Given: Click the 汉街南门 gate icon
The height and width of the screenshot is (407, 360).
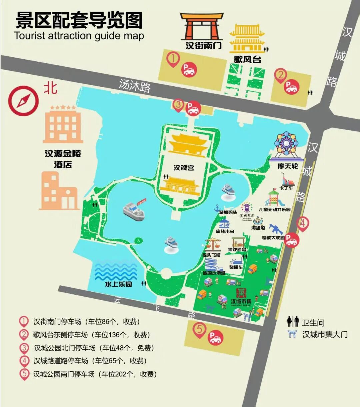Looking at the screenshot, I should pyautogui.click(x=201, y=27).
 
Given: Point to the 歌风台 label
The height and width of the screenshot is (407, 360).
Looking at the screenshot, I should pyautogui.click(x=247, y=59).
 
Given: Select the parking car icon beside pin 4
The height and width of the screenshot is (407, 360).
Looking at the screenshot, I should pyautogui.click(x=291, y=240).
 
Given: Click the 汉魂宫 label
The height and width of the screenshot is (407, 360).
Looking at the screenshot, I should pyautogui.click(x=184, y=168).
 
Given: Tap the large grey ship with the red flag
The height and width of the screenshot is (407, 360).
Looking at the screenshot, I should pyautogui.click(x=134, y=210).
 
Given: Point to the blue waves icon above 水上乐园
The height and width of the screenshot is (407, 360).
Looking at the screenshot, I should pyautogui.click(x=112, y=270).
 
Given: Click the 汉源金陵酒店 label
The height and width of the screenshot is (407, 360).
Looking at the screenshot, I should pyautogui.click(x=63, y=159).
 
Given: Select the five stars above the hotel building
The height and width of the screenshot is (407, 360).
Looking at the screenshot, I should pyautogui.click(x=63, y=108).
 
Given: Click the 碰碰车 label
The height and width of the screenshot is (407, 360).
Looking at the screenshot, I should pyautogui.click(x=236, y=267).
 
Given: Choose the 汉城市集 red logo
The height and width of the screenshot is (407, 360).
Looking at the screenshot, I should pyautogui.click(x=241, y=294).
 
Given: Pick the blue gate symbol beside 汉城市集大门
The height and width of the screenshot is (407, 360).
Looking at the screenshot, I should pyautogui.click(x=292, y=334).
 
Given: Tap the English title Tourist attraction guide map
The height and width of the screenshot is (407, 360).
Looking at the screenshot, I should pyautogui.click(x=79, y=36).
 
